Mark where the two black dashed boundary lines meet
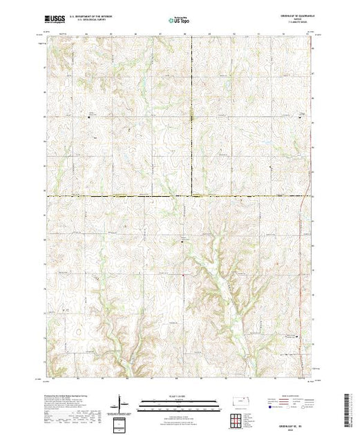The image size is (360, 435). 191,195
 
